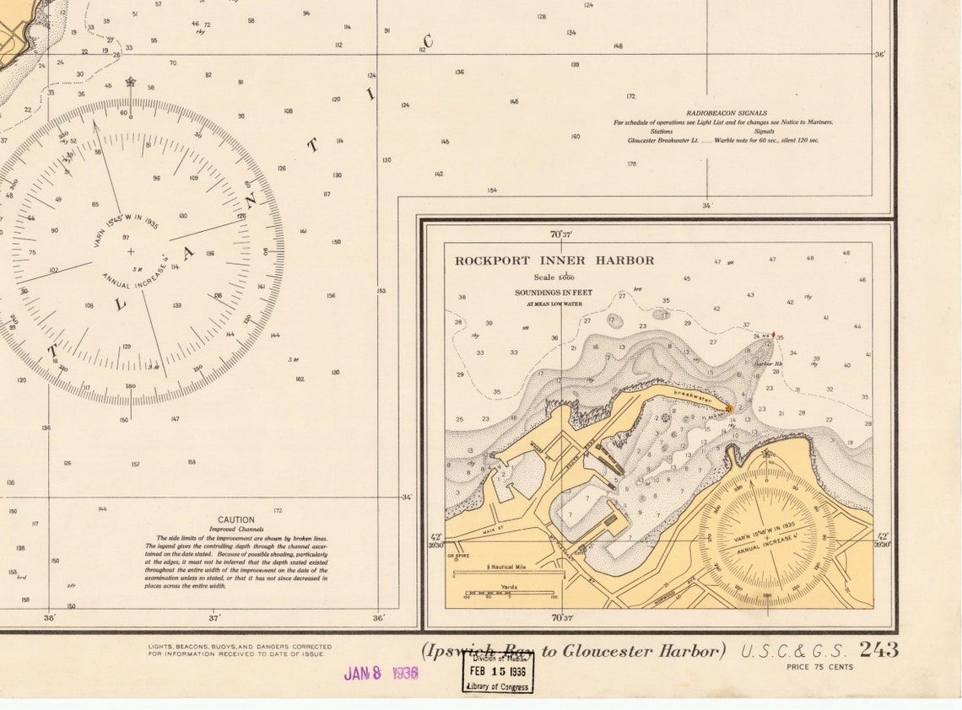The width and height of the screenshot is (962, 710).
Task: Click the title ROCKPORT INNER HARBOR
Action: pos(554,261)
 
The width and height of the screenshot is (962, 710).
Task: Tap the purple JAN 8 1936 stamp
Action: pos(381,674)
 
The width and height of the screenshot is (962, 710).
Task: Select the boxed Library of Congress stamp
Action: pos(498,673)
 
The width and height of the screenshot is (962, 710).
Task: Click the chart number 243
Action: pos(878,650)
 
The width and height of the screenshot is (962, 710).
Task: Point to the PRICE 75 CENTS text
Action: pos(819,667)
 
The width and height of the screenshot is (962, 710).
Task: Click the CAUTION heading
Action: pos(236,520)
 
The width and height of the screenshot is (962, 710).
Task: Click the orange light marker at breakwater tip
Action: pos(729,408)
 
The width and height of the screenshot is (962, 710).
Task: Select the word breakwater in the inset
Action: pos(693,397)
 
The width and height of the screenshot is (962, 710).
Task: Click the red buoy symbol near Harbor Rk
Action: pos(773,335)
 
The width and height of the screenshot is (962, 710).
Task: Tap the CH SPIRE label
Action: pos(457,556)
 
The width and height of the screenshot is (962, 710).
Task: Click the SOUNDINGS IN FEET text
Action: pos(554,293)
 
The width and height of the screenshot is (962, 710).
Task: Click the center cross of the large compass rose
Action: pos(130,251)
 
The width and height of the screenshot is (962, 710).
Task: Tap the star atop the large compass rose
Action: pos(130,82)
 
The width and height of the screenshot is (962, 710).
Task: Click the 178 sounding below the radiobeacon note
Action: pos(631,164)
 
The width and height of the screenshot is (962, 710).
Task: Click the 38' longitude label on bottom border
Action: pos(49,618)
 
